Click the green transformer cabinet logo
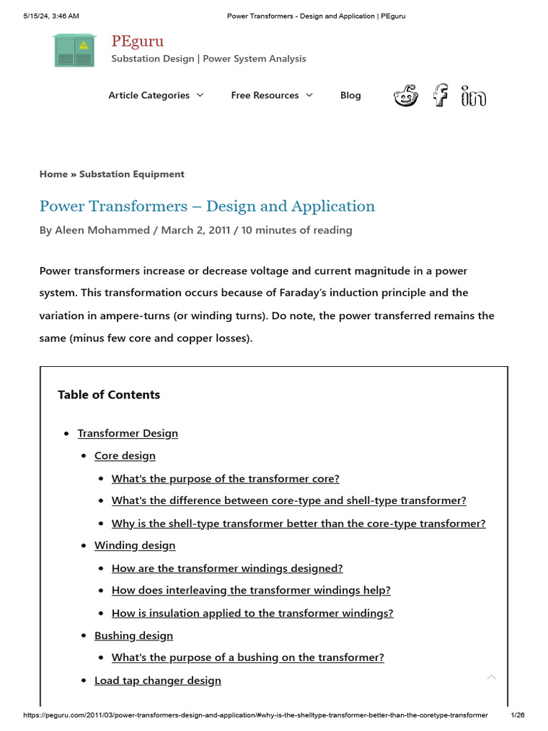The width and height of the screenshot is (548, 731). click(74, 50)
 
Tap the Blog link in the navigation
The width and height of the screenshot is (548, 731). click(350, 95)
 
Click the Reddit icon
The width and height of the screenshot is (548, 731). click(406, 95)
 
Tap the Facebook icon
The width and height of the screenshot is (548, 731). click(441, 95)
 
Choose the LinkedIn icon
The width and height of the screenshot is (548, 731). click(473, 95)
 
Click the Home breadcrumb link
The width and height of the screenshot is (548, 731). click(54, 174)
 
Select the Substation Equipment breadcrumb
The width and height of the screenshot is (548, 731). click(131, 174)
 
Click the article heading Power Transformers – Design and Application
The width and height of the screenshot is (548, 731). click(207, 206)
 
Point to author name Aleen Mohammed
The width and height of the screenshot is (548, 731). click(102, 230)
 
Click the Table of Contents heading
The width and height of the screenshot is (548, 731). click(108, 395)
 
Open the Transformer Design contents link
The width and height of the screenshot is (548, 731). click(128, 433)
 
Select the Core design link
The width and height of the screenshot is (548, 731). click(125, 455)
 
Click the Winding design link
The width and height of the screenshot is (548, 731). click(135, 545)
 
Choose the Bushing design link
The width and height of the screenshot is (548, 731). click(133, 635)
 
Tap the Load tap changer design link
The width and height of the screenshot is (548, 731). click(158, 680)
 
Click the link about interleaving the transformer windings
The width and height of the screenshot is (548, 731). click(251, 590)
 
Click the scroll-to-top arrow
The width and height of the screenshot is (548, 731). click(491, 677)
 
